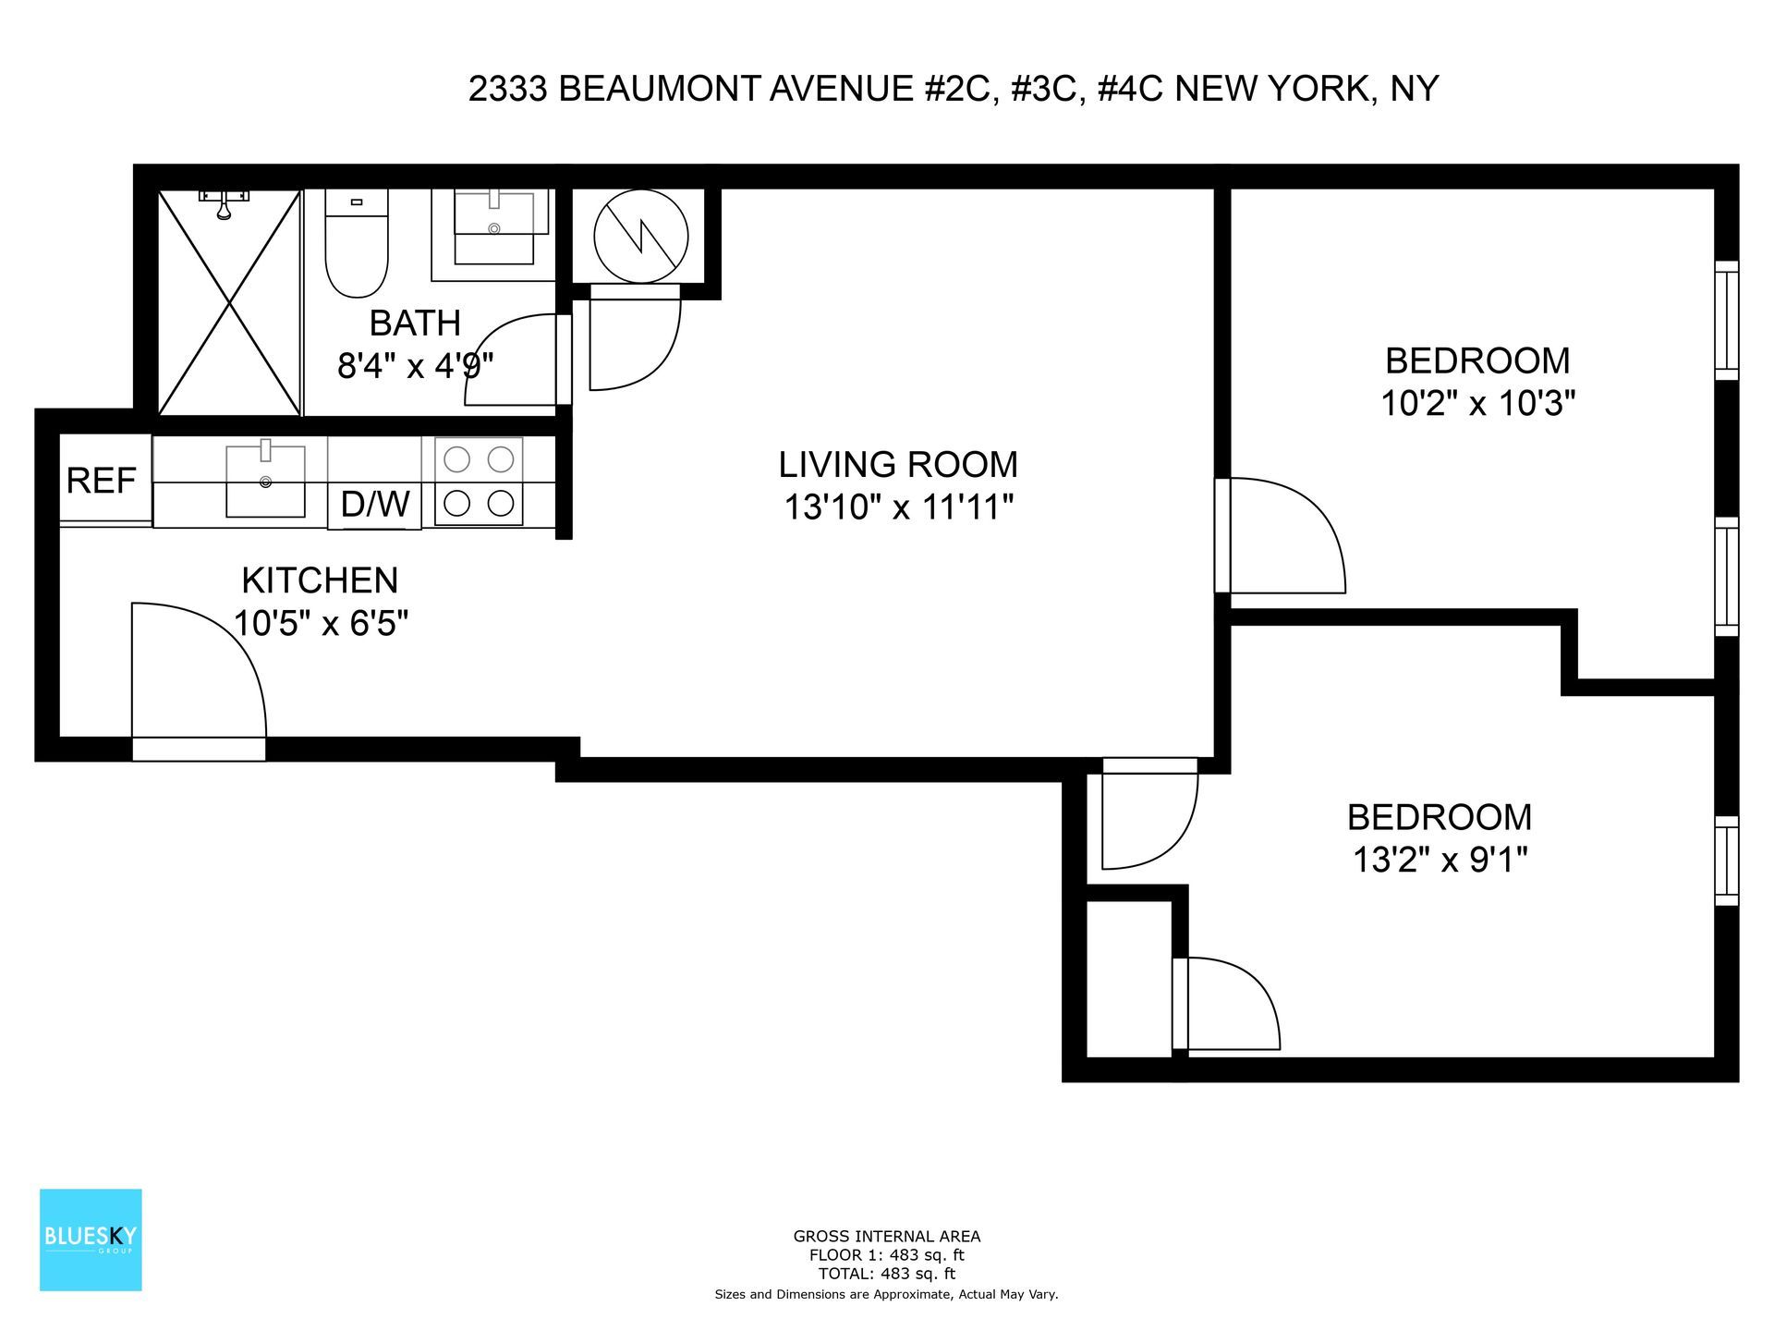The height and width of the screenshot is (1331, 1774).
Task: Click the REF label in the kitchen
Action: tap(102, 481)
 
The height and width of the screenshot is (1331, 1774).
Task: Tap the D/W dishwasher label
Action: tap(375, 505)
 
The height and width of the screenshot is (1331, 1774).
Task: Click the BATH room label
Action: tap(415, 324)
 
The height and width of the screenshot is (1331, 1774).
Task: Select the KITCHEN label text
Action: tap(320, 580)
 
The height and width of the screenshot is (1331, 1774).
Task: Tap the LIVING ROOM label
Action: tap(898, 464)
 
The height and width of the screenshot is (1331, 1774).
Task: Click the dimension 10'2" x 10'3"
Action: tap(1477, 404)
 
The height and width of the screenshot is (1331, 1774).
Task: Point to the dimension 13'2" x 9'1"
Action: tap(1440, 861)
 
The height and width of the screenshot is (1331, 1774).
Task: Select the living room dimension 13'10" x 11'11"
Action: tap(898, 507)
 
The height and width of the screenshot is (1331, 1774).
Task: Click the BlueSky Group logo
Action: tap(91, 1239)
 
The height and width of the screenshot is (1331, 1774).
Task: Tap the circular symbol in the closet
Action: tap(641, 237)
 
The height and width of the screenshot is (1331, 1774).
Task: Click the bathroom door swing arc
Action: tap(513, 360)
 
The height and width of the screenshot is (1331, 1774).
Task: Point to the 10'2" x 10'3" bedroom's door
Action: tap(1280, 536)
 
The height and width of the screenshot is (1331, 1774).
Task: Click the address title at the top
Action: tap(954, 89)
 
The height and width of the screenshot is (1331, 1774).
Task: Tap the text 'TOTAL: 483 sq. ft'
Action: tap(886, 1274)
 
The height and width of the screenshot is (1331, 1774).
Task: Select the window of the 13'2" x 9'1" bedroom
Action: tap(1726, 861)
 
